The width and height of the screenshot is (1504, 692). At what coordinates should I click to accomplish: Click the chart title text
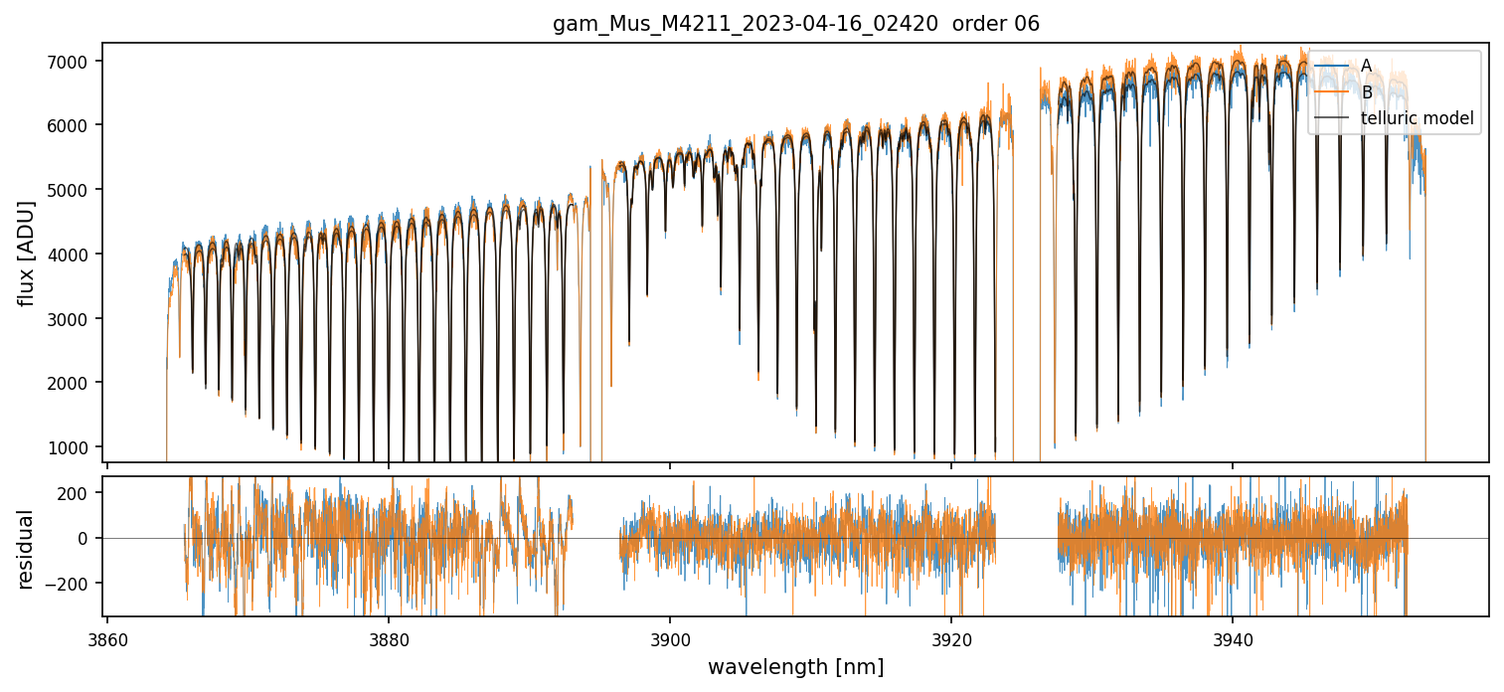(795, 24)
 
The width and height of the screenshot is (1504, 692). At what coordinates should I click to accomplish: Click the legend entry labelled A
(1366, 66)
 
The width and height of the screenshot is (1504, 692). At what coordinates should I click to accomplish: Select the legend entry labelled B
(1366, 92)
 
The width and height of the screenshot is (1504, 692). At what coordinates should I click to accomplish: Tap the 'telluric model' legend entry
(1417, 119)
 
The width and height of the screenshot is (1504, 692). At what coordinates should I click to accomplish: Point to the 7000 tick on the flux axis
(73, 62)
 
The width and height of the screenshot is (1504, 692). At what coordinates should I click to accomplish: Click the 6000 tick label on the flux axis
(73, 125)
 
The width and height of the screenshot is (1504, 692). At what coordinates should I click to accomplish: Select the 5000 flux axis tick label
(73, 190)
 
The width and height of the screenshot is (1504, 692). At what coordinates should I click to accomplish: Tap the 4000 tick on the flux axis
(73, 255)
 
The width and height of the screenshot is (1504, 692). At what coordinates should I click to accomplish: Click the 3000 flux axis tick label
(73, 318)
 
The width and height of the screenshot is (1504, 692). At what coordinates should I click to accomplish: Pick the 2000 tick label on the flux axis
(73, 383)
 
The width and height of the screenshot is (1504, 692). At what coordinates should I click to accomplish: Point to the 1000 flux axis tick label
(73, 447)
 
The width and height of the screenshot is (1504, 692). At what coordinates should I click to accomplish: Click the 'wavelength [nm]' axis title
(795, 667)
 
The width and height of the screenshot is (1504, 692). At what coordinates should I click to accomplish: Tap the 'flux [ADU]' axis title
(26, 253)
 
